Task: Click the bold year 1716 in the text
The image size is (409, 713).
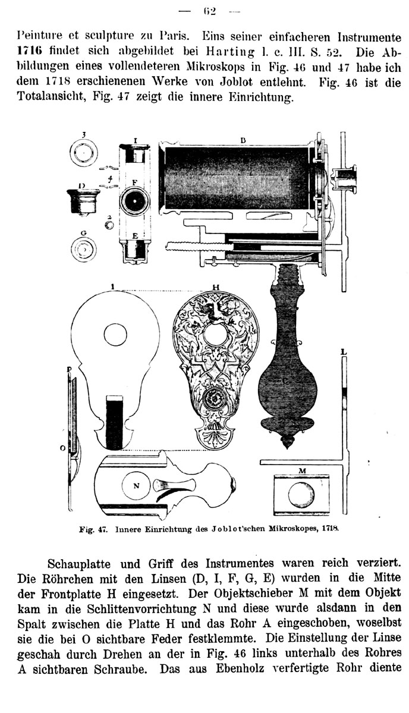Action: (x=30, y=49)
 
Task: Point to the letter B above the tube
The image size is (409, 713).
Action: (x=243, y=140)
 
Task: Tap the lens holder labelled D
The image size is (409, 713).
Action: (x=83, y=201)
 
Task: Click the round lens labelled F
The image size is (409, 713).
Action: (x=135, y=201)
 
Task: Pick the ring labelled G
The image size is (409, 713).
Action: (x=83, y=248)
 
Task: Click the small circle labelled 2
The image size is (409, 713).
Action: (x=108, y=226)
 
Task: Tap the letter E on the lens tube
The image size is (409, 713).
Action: (x=135, y=236)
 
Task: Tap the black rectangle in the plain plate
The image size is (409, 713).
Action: (x=114, y=424)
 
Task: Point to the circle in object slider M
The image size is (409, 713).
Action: (x=303, y=494)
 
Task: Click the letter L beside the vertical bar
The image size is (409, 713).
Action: (x=344, y=352)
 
